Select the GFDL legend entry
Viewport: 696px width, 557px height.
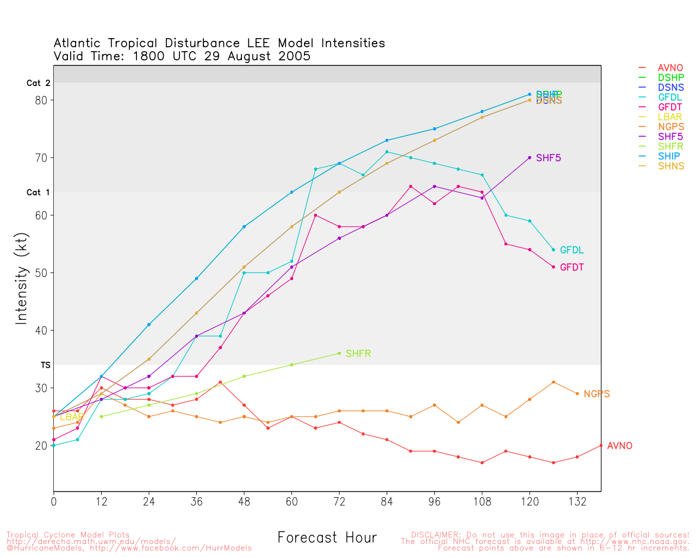pos(669,97)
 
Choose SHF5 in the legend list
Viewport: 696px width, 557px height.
pos(670,137)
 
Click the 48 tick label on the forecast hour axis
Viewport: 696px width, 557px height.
pos(244,502)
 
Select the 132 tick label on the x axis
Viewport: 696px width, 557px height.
pos(577,502)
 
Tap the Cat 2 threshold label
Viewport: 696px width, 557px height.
pos(38,83)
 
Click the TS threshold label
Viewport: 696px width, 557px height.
pos(46,365)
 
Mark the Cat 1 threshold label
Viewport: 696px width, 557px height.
pos(38,193)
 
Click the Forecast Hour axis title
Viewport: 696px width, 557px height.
pos(327,537)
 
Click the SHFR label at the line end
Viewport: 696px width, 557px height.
pos(358,354)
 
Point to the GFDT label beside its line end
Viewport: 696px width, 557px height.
pos(571,268)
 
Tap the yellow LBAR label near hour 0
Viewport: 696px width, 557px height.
pos(71,417)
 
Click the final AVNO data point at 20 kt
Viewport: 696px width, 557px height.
pos(601,445)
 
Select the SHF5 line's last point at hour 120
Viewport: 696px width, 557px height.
pos(530,158)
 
